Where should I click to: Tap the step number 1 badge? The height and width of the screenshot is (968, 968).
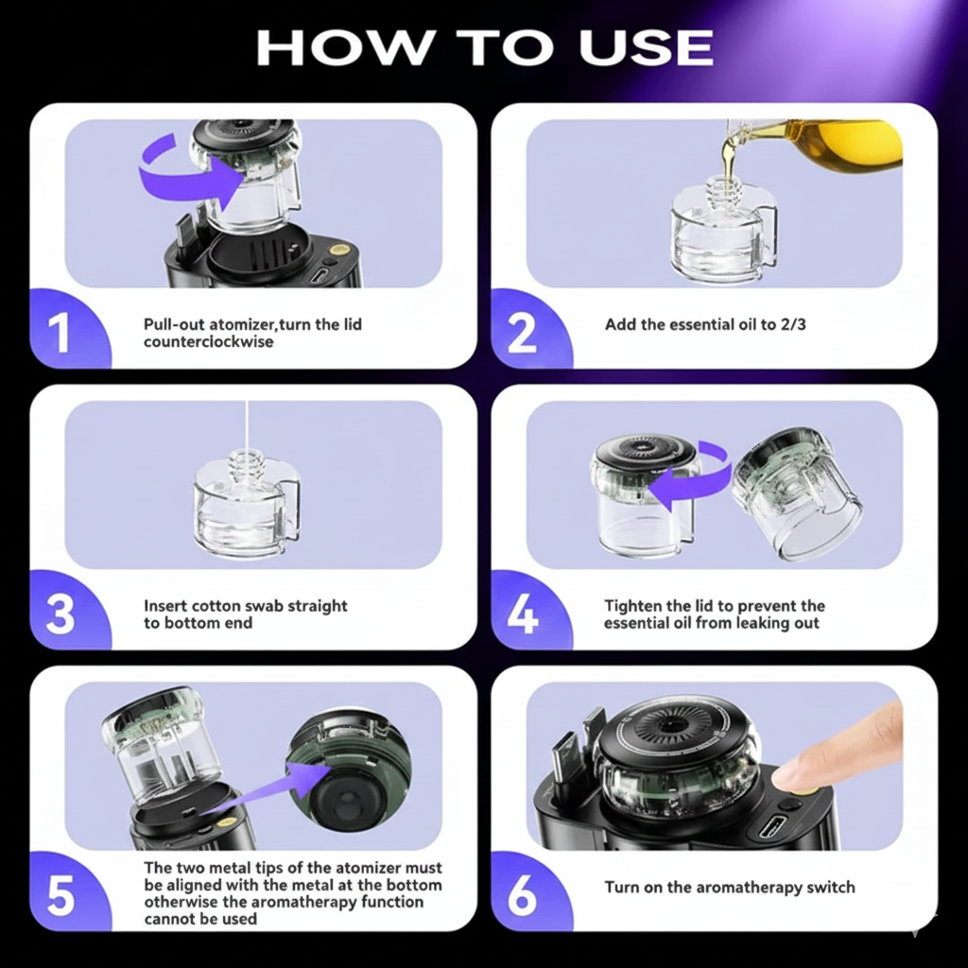tap(60, 334)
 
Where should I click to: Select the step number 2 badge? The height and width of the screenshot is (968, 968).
tap(522, 334)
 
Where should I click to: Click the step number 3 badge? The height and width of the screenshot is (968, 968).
tap(60, 614)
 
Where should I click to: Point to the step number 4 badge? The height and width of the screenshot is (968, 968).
tap(522, 614)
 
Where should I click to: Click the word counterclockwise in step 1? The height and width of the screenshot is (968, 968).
tap(208, 341)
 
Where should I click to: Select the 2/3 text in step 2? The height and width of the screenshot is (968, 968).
tap(789, 324)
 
